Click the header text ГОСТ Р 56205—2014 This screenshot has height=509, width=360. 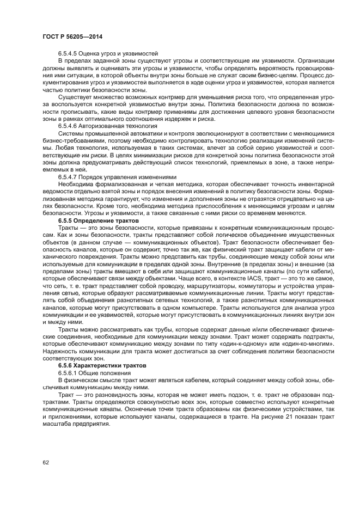tap(72, 36)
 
